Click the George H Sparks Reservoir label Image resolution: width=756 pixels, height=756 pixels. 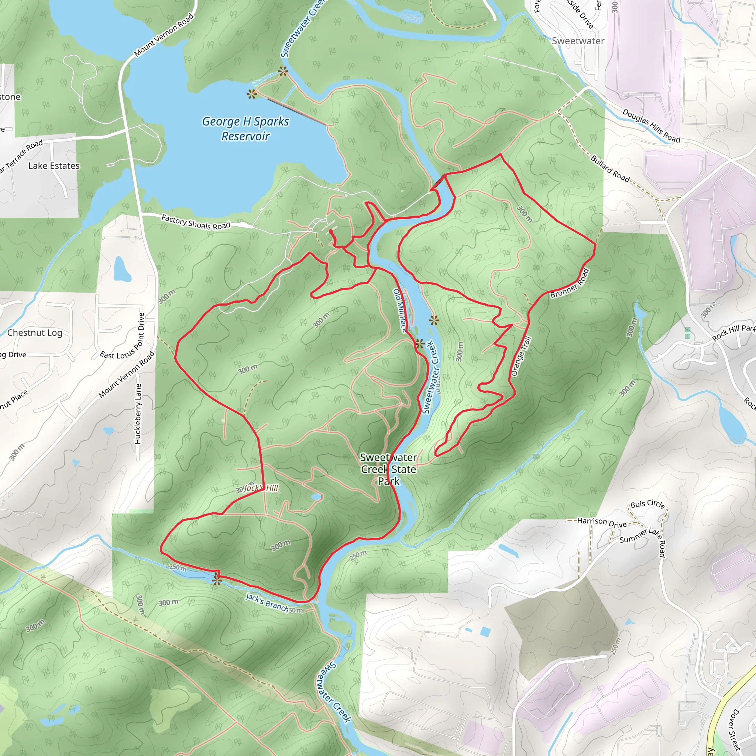pos(245,129)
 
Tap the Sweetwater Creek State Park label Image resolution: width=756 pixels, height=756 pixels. pos(389,469)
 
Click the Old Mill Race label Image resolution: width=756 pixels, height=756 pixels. pos(400,311)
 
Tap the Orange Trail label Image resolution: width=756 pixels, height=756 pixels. pos(521,356)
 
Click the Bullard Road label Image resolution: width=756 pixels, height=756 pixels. pos(610,169)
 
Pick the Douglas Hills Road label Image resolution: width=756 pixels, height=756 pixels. pos(651,126)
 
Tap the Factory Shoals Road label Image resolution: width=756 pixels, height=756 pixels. pos(196,222)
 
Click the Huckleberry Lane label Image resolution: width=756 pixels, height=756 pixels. pos(138,413)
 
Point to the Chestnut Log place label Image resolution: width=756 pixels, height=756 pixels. pos(35,333)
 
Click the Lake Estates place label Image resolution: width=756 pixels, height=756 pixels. pos(54,166)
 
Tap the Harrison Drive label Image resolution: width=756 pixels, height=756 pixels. pos(602,522)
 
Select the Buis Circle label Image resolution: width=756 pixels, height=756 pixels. pos(647,504)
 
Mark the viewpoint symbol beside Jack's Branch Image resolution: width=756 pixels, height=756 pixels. pos(216,579)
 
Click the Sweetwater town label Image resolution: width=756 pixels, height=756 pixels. pos(578,41)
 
